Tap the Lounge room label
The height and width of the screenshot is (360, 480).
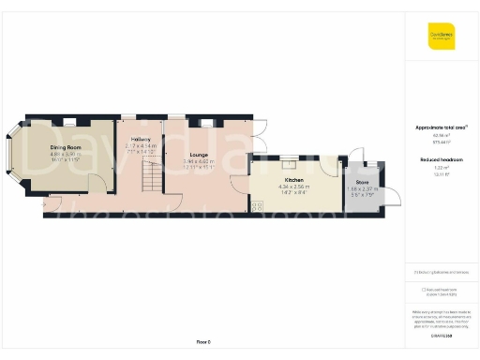click(x=199, y=155)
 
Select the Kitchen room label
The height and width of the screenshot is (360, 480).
click(x=293, y=179)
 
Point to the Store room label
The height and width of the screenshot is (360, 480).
click(x=362, y=181)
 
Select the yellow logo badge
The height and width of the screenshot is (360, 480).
click(x=442, y=37)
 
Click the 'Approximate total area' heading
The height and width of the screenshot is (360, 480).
click(x=440, y=127)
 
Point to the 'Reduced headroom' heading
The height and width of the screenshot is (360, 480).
click(x=440, y=160)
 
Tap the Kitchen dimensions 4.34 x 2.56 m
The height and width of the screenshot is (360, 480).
click(x=293, y=187)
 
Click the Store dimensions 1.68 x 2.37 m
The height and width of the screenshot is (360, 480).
click(x=362, y=188)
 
